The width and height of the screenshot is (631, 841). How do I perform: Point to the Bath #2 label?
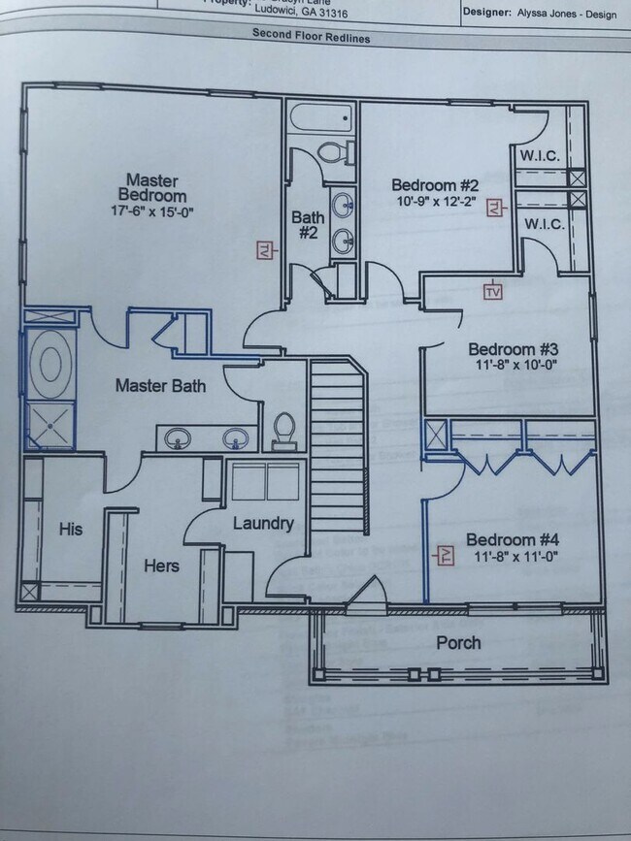click(308, 225)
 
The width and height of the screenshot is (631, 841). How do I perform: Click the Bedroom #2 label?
click(435, 185)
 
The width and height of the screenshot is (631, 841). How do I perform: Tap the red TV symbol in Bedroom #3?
click(493, 290)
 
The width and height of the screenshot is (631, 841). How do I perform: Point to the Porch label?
click(458, 642)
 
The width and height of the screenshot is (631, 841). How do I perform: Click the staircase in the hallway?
click(338, 446)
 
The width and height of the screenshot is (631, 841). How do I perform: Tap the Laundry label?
click(263, 524)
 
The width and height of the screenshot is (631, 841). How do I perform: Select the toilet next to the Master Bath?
click(283, 431)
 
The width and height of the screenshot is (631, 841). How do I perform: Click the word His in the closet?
click(71, 530)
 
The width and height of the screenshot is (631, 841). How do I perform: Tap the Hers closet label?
click(161, 565)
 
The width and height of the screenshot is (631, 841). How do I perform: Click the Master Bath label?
click(160, 385)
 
